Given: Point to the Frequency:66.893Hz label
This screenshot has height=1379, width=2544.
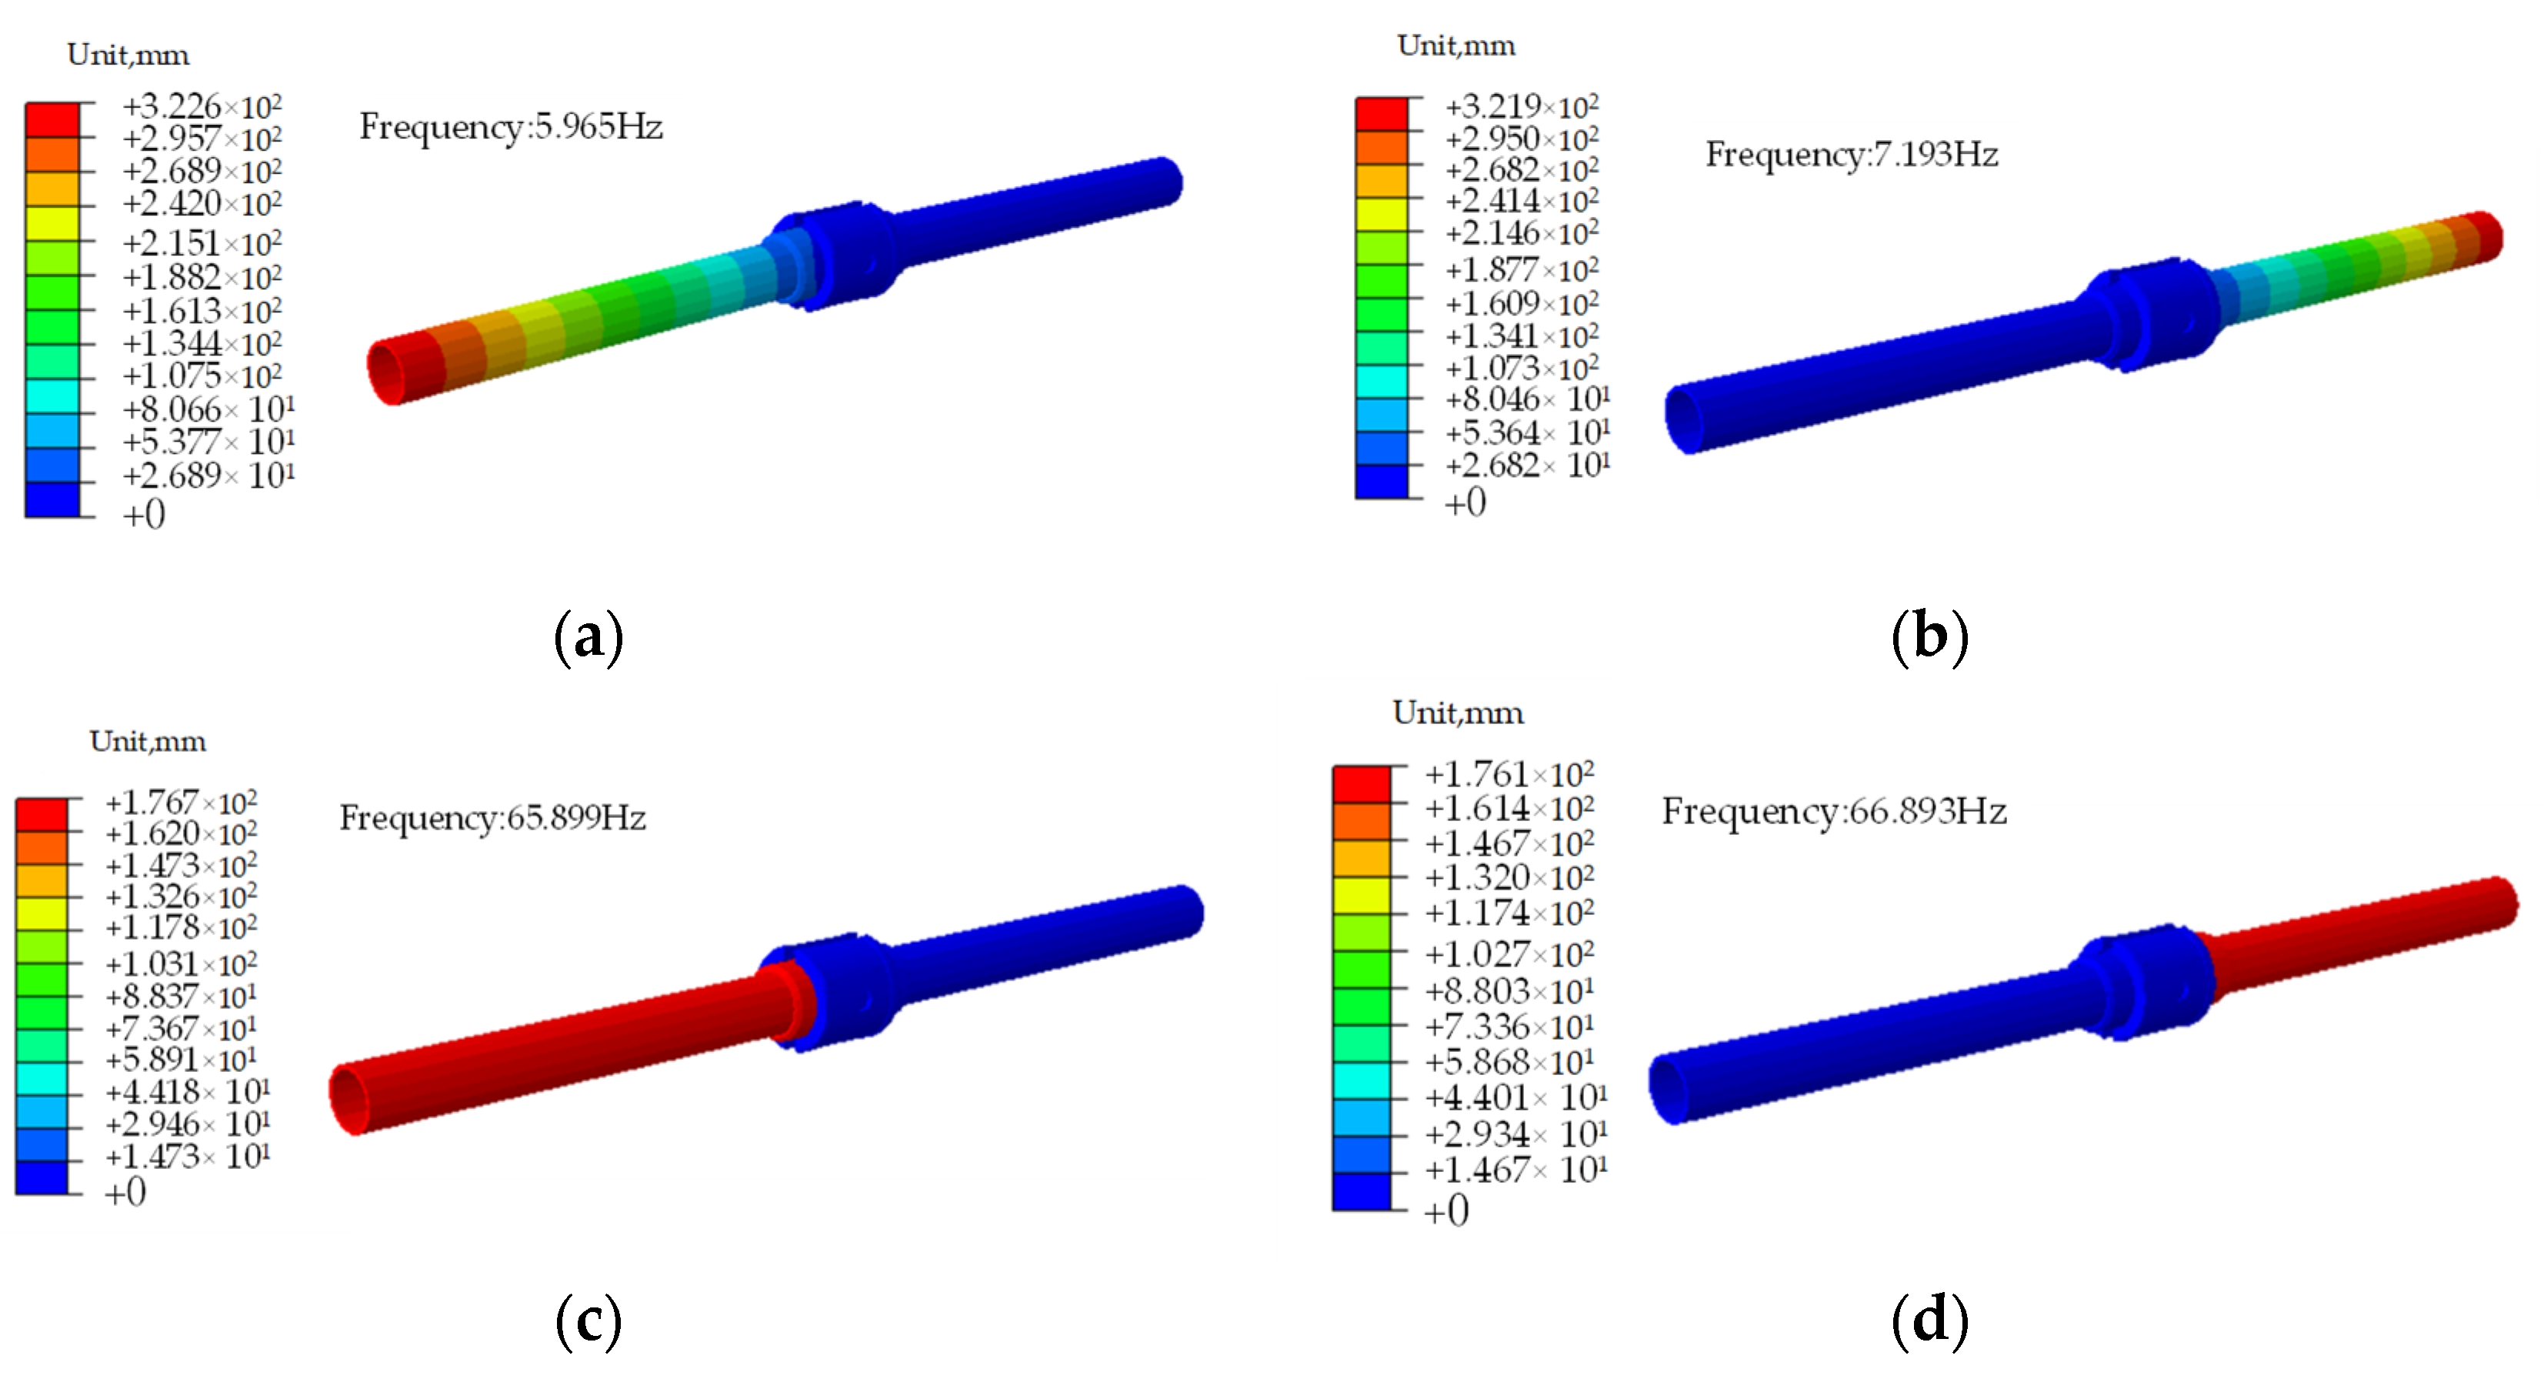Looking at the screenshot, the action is [1834, 812].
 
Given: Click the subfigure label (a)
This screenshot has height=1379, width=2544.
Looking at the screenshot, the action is [588, 637].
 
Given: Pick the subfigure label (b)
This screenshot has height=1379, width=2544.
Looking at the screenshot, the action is [1929, 637].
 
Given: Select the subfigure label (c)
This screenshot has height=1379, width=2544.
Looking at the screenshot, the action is [588, 1322].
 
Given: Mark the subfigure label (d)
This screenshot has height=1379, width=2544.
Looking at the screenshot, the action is [1929, 1322].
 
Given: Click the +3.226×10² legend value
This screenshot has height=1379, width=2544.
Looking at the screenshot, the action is [202, 105].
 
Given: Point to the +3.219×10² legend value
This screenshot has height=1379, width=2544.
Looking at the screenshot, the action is [1522, 105].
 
